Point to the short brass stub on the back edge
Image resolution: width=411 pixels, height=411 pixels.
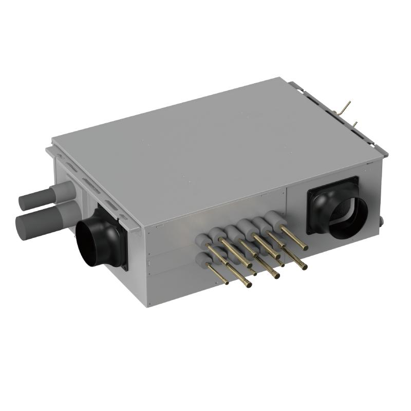click(x=354, y=124)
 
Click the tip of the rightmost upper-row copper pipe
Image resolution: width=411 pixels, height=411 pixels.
click(x=305, y=248)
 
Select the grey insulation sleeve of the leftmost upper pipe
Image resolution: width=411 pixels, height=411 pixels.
click(x=206, y=238)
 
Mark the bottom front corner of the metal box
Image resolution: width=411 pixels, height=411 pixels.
click(x=149, y=306)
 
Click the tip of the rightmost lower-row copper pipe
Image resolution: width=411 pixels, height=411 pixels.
click(x=305, y=267)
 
